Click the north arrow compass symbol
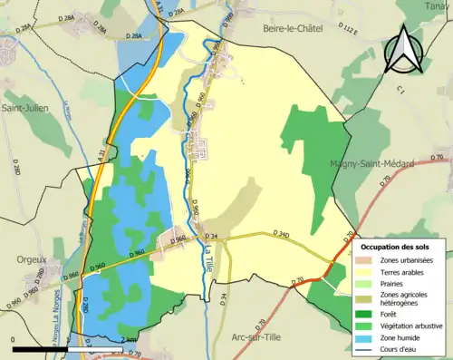coord(403,49)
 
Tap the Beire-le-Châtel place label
coord(294,29)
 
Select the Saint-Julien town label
coord(25,108)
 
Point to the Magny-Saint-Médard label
coord(371,164)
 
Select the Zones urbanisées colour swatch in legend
coord(368,260)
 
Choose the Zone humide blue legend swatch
coord(368,338)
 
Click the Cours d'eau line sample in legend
coord(368,350)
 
